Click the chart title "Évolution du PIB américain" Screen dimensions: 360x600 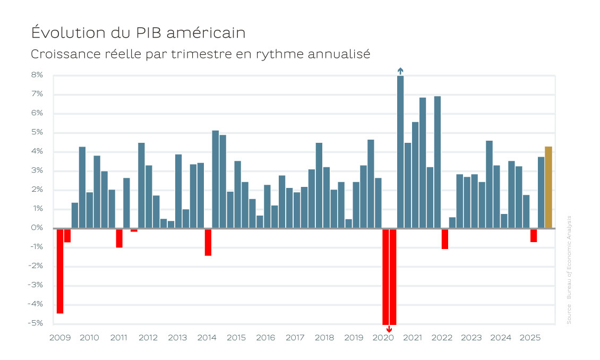pos(138,32)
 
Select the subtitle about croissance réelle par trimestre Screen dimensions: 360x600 pos(200,54)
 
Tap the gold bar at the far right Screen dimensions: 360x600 pos(548,187)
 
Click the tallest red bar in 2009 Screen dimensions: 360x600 pos(60,271)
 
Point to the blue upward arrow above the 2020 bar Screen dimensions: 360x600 pos(400,71)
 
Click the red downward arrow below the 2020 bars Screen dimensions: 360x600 pos(389,329)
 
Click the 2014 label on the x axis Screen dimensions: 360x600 pos(207,338)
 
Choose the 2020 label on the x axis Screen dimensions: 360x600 pos(383,338)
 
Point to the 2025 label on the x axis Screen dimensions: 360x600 pos(530,338)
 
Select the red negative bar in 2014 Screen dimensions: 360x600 pos(208,242)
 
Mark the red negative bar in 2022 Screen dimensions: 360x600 pos(444,239)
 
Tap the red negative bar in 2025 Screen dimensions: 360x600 pos(533,235)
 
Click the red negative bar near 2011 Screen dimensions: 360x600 pos(119,238)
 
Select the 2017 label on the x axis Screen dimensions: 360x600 pos(295,338)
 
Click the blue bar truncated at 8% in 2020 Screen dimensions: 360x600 pos(400,152)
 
